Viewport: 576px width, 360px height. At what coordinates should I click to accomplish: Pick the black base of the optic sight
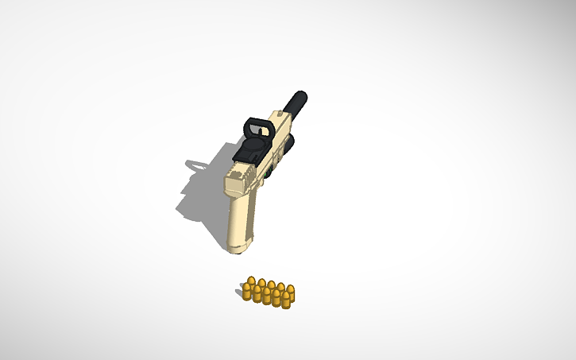[253, 152]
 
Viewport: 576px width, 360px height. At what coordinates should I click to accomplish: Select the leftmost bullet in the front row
[247, 292]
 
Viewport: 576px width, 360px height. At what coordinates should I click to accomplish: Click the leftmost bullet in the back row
[252, 282]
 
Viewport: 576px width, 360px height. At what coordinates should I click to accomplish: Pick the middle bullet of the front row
[266, 296]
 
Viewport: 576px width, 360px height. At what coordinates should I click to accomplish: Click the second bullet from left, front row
[257, 295]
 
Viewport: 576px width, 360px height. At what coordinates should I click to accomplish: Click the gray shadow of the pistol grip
[208, 215]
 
